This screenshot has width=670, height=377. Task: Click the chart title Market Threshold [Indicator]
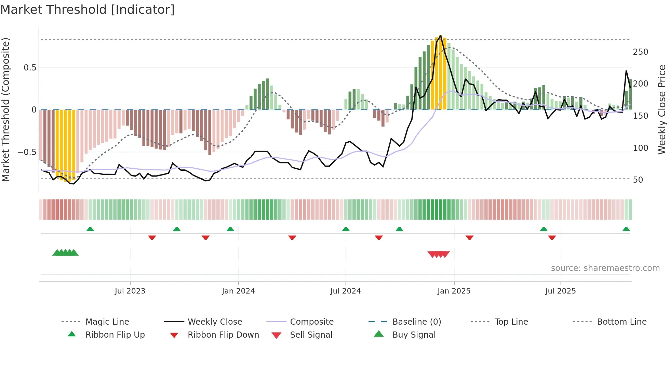click(88, 10)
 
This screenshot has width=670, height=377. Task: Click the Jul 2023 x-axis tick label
click(130, 291)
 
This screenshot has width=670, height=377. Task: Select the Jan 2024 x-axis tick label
click(238, 291)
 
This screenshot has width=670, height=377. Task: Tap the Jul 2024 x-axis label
click(345, 291)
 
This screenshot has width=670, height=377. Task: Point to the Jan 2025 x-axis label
click(454, 291)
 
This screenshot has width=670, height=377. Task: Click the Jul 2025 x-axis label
click(560, 291)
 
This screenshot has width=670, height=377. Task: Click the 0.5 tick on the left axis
click(30, 68)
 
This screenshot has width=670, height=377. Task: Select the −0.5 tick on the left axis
click(27, 152)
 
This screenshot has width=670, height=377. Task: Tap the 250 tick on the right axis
click(640, 52)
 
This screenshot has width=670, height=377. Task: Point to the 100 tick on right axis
click(640, 148)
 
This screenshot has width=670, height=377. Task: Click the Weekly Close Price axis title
click(662, 109)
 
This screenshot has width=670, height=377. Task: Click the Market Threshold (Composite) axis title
click(6, 109)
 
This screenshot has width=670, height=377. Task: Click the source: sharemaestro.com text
click(605, 268)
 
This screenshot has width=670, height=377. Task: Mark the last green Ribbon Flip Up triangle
click(626, 229)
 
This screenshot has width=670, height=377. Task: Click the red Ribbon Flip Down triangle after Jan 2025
click(469, 237)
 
